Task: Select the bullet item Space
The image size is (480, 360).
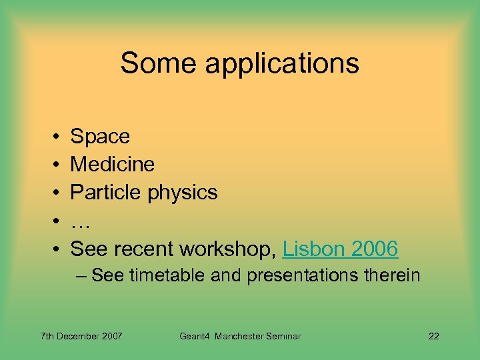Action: [x=100, y=137]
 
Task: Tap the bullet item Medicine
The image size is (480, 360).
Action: [x=112, y=165]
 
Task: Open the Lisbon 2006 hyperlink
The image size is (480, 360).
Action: [x=340, y=249]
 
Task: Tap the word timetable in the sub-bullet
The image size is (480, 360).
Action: [x=169, y=275]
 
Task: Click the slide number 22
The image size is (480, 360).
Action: [x=433, y=336]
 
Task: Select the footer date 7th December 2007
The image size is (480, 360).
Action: [x=81, y=336]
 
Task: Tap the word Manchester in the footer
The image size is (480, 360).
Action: [x=241, y=336]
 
